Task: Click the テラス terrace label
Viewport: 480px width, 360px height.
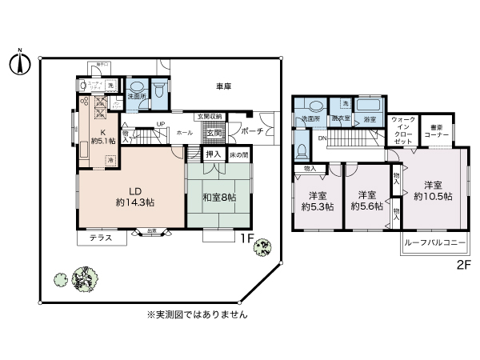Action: [101, 238]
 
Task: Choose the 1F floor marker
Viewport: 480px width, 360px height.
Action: [248, 238]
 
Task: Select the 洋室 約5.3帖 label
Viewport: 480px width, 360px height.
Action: [318, 200]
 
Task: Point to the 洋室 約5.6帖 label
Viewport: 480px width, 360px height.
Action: [367, 200]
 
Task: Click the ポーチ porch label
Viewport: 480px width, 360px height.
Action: [254, 130]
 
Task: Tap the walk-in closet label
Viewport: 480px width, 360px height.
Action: [404, 130]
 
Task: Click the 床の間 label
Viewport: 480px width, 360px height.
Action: [238, 153]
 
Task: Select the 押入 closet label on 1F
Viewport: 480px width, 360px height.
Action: [213, 153]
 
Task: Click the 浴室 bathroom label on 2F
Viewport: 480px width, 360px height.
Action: [370, 119]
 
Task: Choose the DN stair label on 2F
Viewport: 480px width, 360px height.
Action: [322, 138]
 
